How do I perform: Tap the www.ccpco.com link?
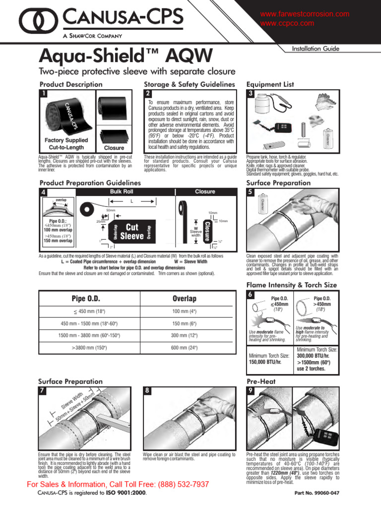point(287,23)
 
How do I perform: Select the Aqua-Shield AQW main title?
point(126,55)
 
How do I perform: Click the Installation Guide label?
point(316,49)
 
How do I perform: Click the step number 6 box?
point(251,295)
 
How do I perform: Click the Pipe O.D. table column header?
point(86,299)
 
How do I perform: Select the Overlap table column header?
point(184,299)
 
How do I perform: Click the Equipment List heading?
point(270,84)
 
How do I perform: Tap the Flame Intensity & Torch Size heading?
point(291,285)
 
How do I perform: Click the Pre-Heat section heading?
point(261,381)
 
